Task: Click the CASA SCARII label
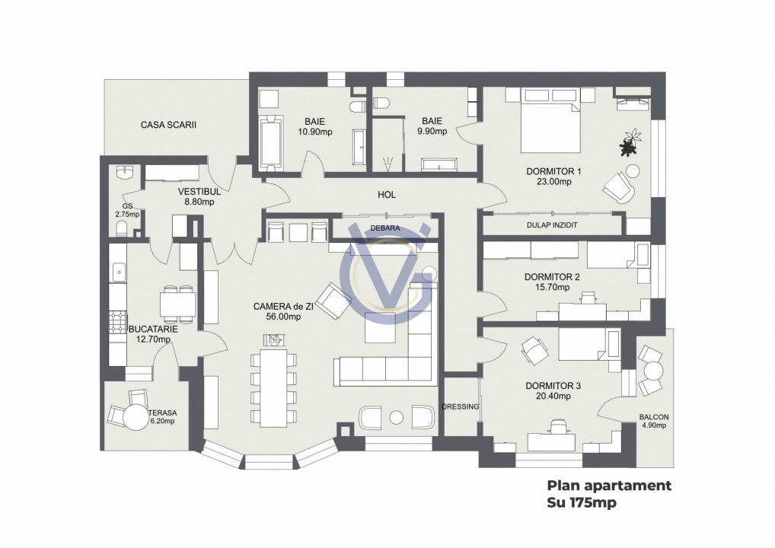[168, 124]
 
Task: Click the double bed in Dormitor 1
[550, 127]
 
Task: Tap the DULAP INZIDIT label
[552, 225]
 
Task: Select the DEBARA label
[385, 227]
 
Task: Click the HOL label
[387, 195]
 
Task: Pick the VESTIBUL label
[199, 191]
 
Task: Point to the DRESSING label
[460, 406]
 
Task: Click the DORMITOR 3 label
[553, 386]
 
